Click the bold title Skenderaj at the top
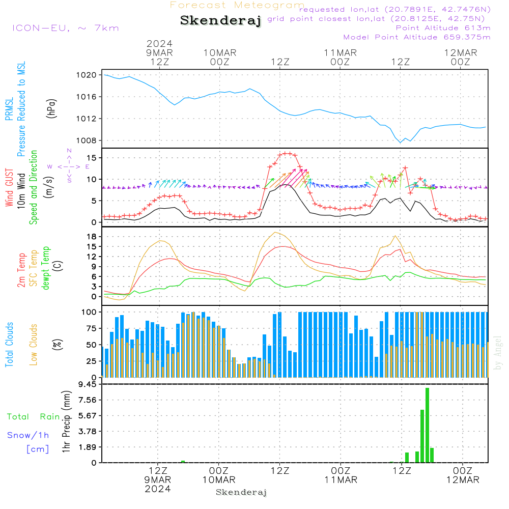tap(220, 21)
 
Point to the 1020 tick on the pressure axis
tap(87, 75)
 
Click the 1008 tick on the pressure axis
tap(87, 140)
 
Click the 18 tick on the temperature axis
tap(92, 237)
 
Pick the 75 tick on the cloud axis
tap(92, 328)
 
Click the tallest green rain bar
tap(427, 425)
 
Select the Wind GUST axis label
tap(9, 187)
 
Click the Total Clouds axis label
tap(9, 345)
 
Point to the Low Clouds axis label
tap(34, 345)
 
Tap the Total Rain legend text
tap(34, 417)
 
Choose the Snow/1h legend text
tap(28, 435)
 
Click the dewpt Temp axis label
tap(46, 268)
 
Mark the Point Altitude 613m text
tap(443, 28)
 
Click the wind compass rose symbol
tap(69, 166)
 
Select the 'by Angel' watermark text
tap(498, 353)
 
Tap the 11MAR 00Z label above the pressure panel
tap(340, 58)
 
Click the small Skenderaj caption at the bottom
tap(241, 492)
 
